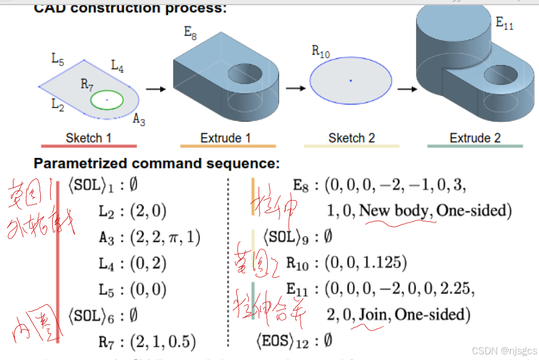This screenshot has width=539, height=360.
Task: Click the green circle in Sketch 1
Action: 107,90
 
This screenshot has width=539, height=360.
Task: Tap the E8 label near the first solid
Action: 191,33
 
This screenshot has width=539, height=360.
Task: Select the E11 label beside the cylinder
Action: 504,23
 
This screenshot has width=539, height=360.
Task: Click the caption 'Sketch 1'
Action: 88,138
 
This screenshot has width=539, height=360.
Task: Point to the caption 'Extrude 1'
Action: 225,138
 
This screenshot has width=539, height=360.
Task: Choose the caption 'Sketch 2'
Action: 351,138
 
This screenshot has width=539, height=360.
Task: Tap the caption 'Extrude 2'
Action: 475,138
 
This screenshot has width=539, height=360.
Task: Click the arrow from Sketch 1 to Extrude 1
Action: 155,89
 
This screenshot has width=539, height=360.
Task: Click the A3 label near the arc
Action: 139,119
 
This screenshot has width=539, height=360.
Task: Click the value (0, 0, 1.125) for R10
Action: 365,263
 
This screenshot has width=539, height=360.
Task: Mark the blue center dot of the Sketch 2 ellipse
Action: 350,81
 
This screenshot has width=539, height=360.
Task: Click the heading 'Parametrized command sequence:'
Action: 157,164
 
